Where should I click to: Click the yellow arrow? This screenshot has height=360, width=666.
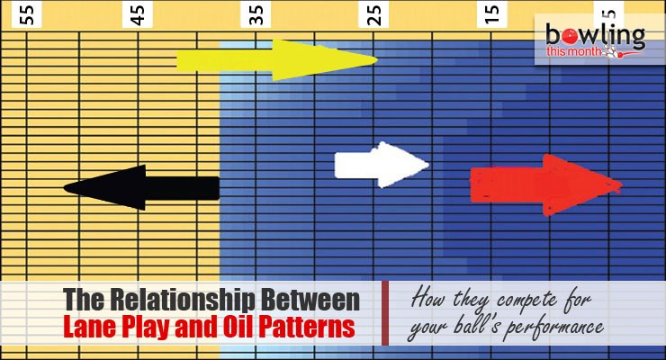(274, 60)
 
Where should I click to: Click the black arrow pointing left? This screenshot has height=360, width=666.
(144, 187)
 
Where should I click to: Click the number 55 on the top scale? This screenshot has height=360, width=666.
(24, 14)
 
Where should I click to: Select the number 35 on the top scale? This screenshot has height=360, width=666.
(257, 14)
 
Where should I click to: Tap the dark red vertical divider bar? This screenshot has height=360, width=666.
(385, 313)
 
